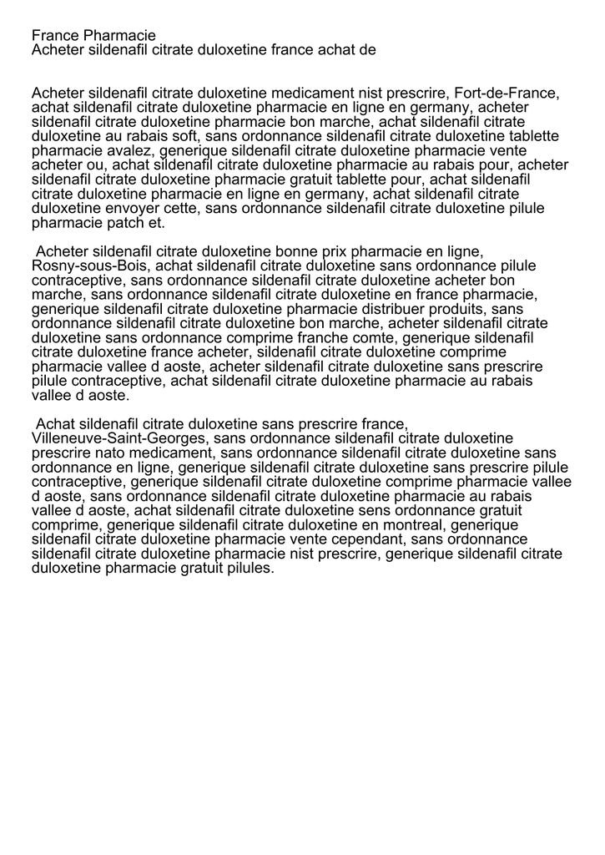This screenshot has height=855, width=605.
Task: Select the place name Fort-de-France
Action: click(x=506, y=93)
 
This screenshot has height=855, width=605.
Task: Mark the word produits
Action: click(x=451, y=309)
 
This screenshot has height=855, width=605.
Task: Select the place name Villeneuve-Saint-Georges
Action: click(x=118, y=438)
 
